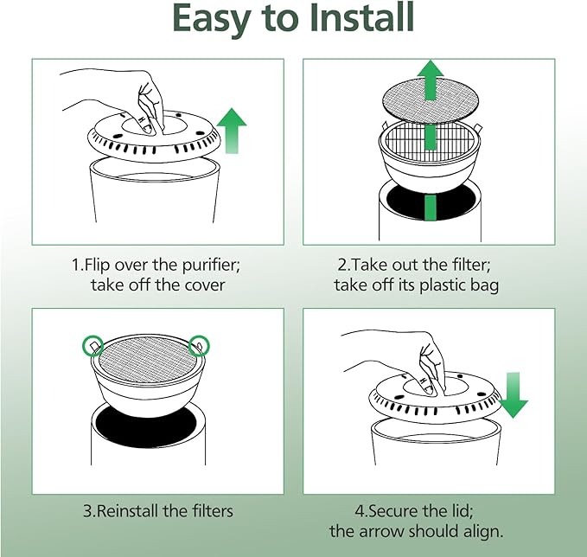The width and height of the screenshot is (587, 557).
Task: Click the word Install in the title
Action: [361, 17]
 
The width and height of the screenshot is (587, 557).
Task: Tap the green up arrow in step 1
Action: [232, 131]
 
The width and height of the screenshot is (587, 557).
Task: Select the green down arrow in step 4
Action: [513, 395]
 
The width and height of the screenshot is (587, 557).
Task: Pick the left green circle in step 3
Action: [93, 346]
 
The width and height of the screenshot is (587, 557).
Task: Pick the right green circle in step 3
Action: [199, 346]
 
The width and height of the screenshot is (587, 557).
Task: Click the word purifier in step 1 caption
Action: [211, 266]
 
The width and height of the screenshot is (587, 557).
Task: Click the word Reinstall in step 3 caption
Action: [125, 511]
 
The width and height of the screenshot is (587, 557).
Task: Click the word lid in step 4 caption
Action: [462, 511]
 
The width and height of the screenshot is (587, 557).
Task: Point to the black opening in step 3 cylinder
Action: [146, 423]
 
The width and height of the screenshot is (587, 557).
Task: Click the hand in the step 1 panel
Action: [124, 100]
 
